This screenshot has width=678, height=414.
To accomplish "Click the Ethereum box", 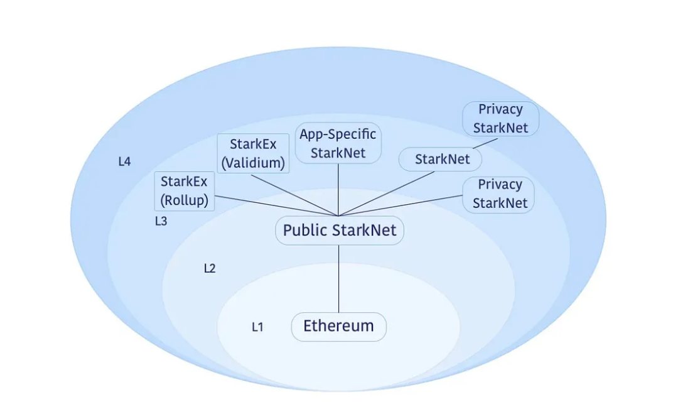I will (x=338, y=327).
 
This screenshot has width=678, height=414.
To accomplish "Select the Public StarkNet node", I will (x=340, y=231).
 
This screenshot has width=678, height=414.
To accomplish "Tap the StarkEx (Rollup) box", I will (x=185, y=192).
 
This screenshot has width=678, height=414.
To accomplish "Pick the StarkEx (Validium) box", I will (x=253, y=154).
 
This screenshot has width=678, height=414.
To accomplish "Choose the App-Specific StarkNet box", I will (x=338, y=143).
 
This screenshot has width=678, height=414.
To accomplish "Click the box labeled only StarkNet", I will (x=442, y=160).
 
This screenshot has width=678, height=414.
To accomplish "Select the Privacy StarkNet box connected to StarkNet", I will (x=500, y=119).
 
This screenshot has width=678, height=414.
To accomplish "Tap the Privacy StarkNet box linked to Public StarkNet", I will (x=498, y=194).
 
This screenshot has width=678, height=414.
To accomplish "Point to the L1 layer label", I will (x=257, y=327).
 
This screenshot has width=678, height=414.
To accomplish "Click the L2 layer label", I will (x=210, y=268).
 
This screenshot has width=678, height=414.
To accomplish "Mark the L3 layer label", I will (x=161, y=221).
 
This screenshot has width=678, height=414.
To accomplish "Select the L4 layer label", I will (x=124, y=161).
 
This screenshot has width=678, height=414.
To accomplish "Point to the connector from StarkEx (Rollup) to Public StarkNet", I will (x=276, y=206).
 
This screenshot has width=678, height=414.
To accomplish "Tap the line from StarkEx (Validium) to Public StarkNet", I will (x=295, y=194).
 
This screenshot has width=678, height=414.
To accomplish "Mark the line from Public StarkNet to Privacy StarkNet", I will (x=402, y=205).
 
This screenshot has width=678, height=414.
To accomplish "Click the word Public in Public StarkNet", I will (x=305, y=231).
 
